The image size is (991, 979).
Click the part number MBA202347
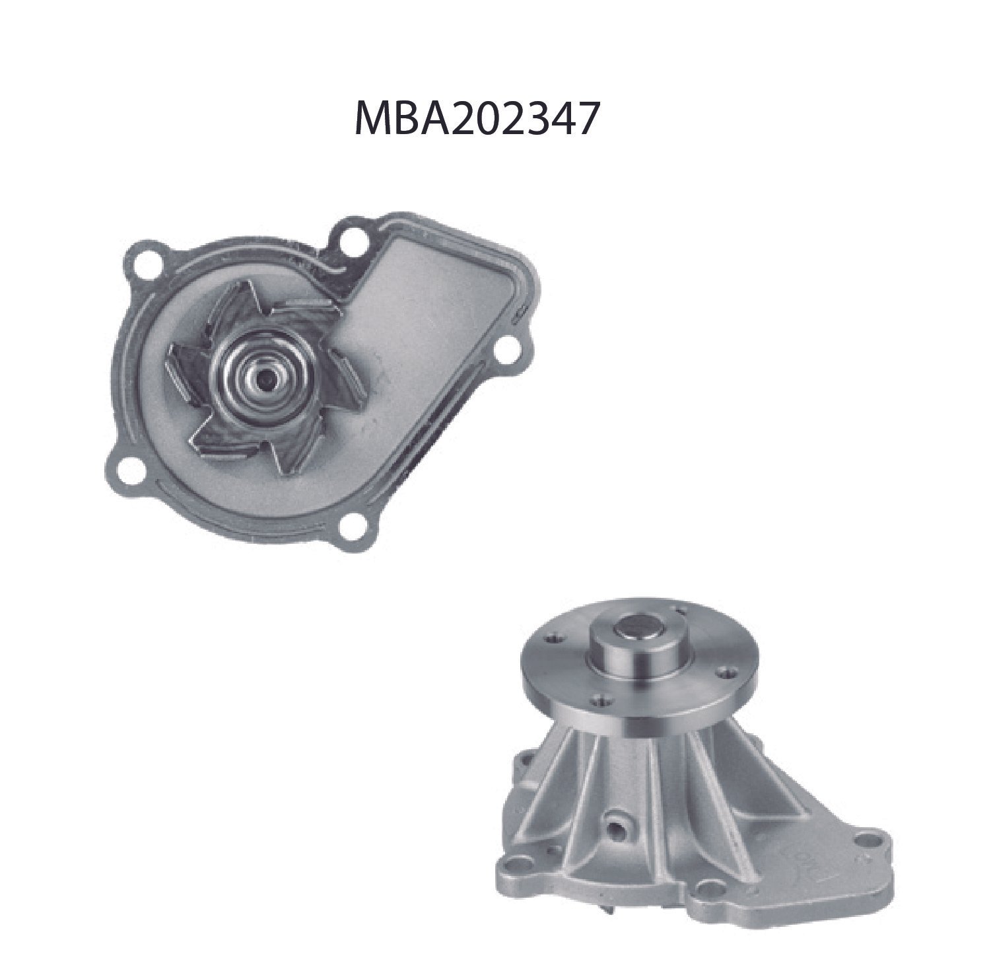point(477,119)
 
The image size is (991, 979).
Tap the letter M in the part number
point(372,119)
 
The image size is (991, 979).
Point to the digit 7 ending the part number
point(587,119)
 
